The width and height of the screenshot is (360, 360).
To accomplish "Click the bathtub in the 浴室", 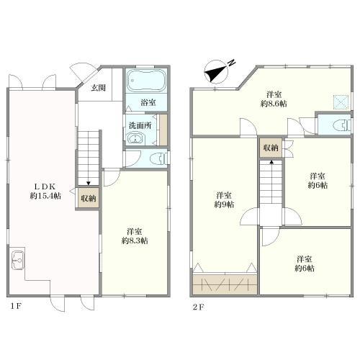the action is tap(146, 81).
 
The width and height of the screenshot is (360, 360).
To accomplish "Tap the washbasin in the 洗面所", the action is tap(135, 139).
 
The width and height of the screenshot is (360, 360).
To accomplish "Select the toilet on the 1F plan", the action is tap(158, 158).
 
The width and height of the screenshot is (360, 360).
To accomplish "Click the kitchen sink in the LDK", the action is tap(18, 260).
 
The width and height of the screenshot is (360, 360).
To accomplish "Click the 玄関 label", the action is tap(98, 88).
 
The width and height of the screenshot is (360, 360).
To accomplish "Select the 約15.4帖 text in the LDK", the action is tap(45, 196).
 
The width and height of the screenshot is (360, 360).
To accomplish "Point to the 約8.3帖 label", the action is tap(135, 240).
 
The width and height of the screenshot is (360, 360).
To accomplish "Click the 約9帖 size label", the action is tap(224, 204).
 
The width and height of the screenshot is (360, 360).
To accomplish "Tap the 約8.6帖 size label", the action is tap(274, 104).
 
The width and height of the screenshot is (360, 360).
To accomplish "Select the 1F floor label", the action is tap(16, 307).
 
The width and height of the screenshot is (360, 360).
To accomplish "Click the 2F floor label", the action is tap(198, 307).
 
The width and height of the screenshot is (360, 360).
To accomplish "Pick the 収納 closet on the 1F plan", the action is tap(89, 198).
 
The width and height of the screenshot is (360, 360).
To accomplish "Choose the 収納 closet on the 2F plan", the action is tap(271, 148).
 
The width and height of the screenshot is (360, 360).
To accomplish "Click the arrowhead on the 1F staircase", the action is tap(89, 184).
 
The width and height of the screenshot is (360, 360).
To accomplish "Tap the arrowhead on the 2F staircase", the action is tap(271, 162).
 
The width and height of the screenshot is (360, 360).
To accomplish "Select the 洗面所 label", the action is tap(140, 125).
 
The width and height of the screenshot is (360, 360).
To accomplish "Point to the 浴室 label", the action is tap(148, 102).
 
